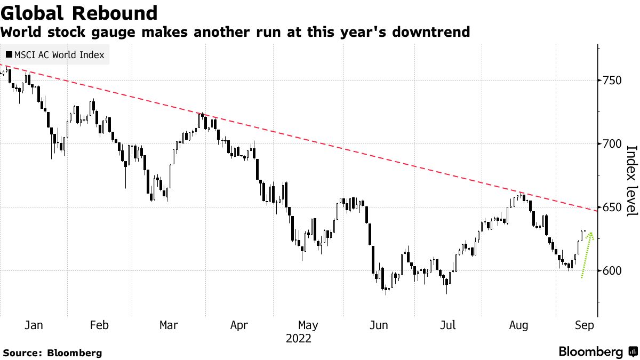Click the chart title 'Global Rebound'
(79, 13)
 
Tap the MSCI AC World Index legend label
(59, 55)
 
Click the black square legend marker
(9, 55)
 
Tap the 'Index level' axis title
(631, 181)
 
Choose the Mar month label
(169, 325)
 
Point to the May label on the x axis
(308, 325)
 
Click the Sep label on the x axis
(584, 325)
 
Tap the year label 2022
(298, 339)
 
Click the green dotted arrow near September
(587, 255)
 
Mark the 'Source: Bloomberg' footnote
(52, 353)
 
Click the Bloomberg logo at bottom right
(597, 352)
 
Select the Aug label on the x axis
(519, 325)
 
